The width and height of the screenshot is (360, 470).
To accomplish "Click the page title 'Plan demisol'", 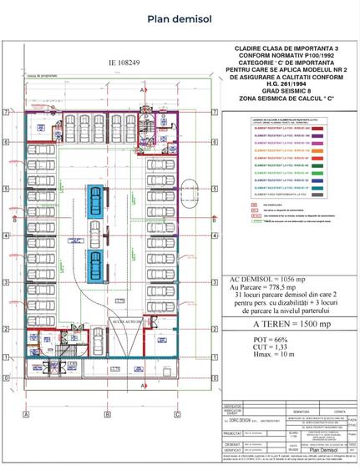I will (180, 18).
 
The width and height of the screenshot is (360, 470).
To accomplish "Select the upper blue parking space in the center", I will (98, 200).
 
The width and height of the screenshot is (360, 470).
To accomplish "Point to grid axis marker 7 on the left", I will (7, 111).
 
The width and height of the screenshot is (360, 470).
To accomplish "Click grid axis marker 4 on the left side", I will (7, 236).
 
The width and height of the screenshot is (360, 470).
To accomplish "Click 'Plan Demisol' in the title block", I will (311, 448).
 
